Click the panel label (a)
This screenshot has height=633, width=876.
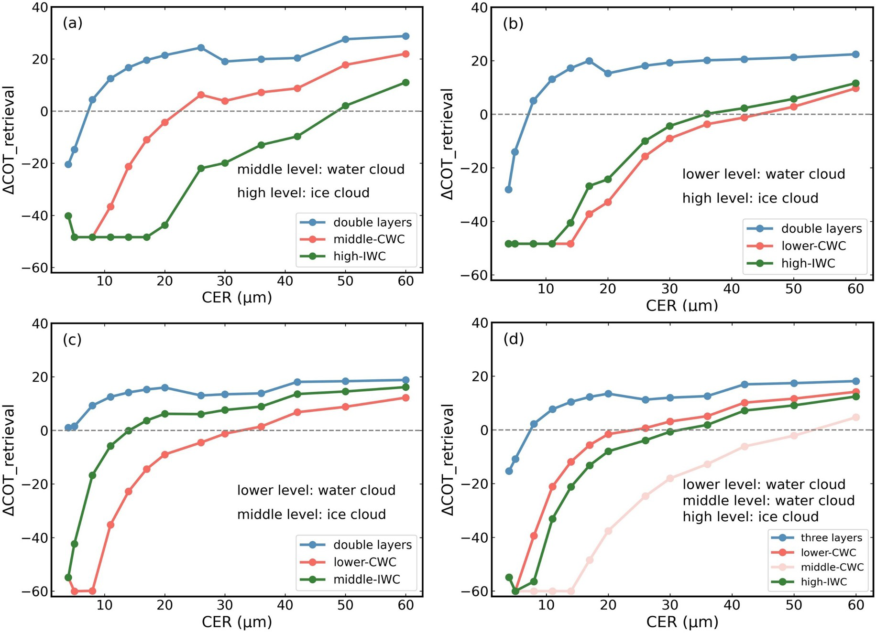(73, 23)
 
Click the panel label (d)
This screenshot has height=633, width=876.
(514, 339)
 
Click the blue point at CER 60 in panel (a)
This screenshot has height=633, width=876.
(405, 36)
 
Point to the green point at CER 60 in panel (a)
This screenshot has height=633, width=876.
(405, 83)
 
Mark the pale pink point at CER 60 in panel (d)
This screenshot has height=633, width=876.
(856, 418)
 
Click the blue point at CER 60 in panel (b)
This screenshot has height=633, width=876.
(856, 54)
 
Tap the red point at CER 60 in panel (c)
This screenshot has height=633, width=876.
(405, 398)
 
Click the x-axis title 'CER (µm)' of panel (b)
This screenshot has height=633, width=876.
(682, 305)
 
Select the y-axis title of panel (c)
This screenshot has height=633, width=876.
(9, 461)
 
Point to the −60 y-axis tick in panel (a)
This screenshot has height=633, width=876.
(35, 268)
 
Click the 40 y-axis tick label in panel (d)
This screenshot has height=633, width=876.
(480, 323)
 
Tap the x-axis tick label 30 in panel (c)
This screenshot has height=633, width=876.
(225, 605)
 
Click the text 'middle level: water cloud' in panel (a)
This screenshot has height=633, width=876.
(321, 170)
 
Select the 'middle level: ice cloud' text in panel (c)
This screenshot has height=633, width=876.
(311, 515)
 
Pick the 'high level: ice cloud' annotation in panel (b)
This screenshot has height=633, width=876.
(750, 198)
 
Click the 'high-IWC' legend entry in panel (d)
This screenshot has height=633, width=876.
(823, 582)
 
